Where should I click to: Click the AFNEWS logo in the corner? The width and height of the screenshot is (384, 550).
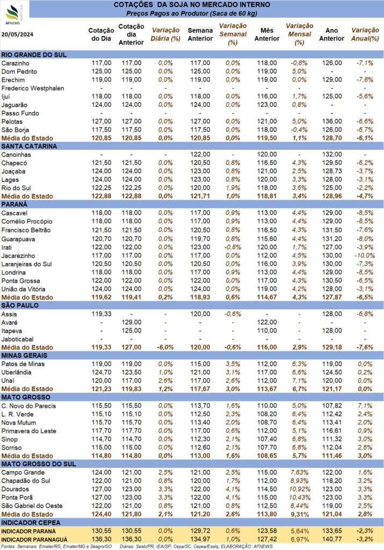tap(14, 15)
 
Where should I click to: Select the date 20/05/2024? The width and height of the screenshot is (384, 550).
tap(18, 34)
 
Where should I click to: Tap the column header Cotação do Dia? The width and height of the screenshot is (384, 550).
tap(101, 35)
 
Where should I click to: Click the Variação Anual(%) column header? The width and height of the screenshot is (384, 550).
tap(365, 34)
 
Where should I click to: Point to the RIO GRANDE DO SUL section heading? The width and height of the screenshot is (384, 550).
tap(34, 55)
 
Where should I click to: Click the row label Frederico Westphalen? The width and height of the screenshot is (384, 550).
tap(33, 89)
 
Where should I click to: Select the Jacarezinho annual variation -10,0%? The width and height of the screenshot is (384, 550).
tap(365, 256)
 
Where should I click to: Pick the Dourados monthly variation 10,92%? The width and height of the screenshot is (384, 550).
tap(299, 489)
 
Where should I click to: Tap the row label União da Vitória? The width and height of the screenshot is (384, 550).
tap(23, 290)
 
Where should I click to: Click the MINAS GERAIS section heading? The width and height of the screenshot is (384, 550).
tap(24, 356)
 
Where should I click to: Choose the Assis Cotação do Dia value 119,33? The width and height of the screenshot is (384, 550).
tap(102, 314)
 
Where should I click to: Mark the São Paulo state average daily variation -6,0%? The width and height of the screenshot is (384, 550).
tap(165, 348)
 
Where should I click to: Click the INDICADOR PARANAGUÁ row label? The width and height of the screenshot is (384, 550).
tap(34, 540)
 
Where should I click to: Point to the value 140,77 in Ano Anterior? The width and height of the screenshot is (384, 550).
tap(332, 540)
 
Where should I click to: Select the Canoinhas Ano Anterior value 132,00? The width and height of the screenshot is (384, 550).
tap(332, 155)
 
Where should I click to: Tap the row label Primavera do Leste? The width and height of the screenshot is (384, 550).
tap(29, 431)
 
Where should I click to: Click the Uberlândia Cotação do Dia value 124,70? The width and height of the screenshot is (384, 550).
tap(102, 373)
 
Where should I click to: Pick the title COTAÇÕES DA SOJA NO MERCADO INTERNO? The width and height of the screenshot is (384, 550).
tap(192, 5)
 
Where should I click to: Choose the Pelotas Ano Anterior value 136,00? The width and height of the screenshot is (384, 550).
tap(332, 122)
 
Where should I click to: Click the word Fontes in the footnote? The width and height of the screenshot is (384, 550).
tap(8, 546)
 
